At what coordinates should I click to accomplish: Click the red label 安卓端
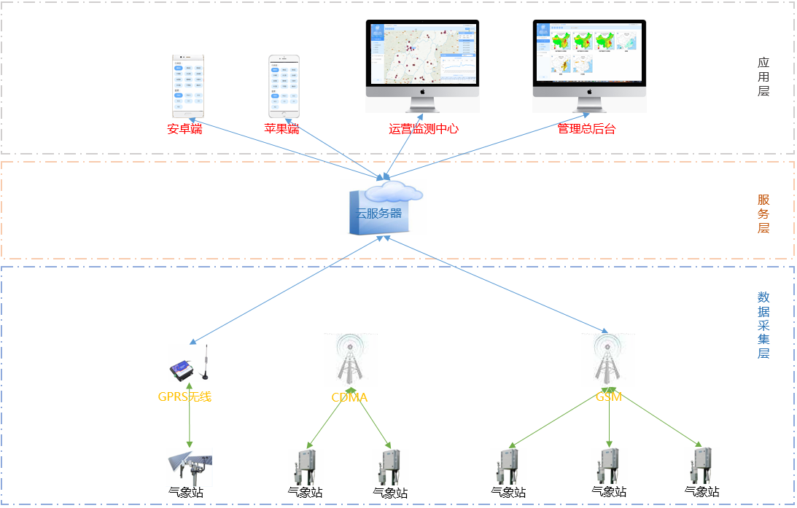[184, 129]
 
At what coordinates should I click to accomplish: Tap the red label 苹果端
[282, 129]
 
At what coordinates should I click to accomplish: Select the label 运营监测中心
[424, 129]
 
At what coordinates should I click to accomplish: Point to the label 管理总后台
[586, 129]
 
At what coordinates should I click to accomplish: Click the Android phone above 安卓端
[188, 85]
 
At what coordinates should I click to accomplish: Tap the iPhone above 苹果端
[284, 87]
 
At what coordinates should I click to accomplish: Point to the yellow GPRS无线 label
[184, 397]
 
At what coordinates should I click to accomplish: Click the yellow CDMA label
[350, 398]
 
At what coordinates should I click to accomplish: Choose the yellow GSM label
[608, 397]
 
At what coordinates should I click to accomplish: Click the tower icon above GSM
[607, 360]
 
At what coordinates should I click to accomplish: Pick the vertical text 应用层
[763, 77]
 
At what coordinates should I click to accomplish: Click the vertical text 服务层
[763, 214]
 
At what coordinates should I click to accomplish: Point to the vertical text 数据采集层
[763, 325]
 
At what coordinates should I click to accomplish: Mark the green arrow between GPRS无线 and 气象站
[190, 423]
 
